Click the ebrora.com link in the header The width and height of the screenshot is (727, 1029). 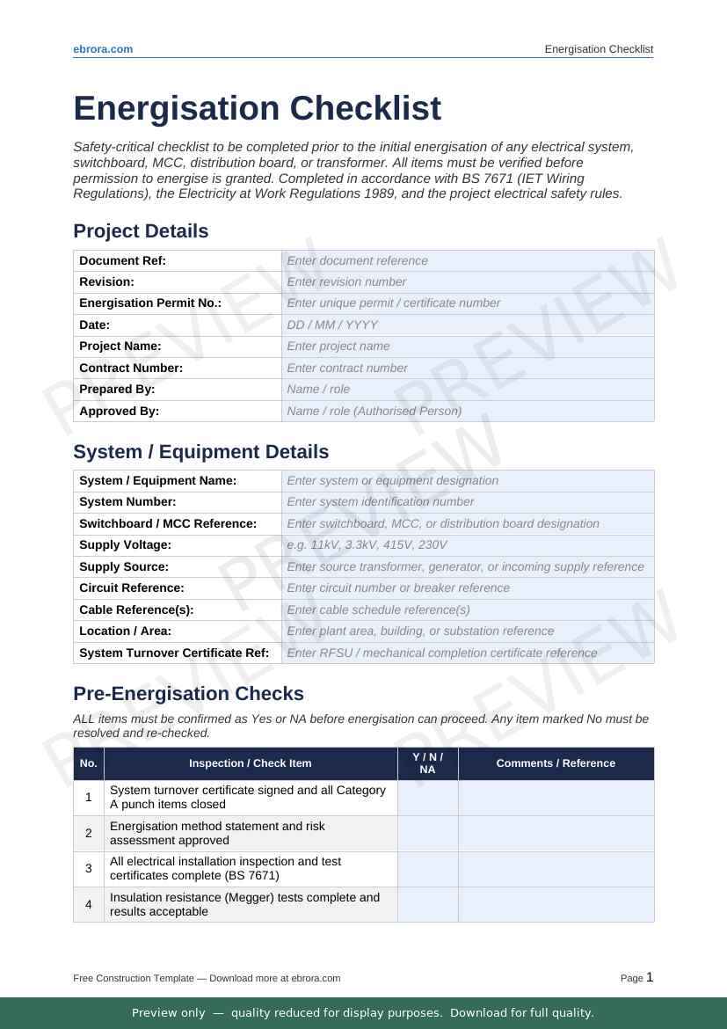(x=103, y=49)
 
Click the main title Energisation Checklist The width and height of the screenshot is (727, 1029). (x=257, y=109)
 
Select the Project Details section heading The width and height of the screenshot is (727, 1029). (x=141, y=231)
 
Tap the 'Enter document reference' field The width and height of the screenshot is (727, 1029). (x=468, y=260)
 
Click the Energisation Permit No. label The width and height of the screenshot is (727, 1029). (x=150, y=303)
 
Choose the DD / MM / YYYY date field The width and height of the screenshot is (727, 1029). (x=468, y=325)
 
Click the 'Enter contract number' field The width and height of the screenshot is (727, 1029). (x=468, y=368)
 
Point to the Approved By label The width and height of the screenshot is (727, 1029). (x=120, y=411)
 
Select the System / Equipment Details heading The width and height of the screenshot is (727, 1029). (x=200, y=452)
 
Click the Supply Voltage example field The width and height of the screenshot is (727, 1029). (x=468, y=545)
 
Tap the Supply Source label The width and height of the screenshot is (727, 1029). (x=124, y=567)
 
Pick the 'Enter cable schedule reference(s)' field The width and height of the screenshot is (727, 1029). (x=468, y=609)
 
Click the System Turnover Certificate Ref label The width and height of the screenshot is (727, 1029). (x=174, y=653)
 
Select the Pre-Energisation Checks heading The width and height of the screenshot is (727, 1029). (x=188, y=694)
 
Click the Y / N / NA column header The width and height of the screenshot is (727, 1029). (x=427, y=763)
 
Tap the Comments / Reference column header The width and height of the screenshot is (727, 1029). (x=556, y=763)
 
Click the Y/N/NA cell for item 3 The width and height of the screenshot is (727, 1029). (x=427, y=869)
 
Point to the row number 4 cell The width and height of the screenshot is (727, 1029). (x=89, y=904)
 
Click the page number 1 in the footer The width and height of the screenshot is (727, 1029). (x=650, y=977)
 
